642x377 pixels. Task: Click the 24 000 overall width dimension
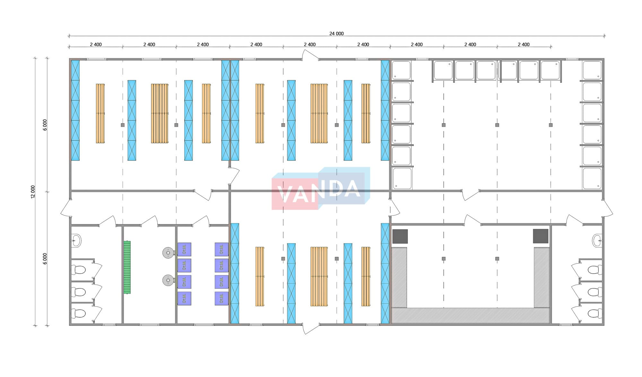tap(336, 33)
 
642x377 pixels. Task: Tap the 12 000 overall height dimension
tap(33, 192)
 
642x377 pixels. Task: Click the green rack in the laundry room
tap(127, 267)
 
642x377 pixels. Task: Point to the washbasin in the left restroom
tap(76, 240)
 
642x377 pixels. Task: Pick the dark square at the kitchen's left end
tap(400, 236)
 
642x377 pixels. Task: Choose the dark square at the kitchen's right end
tap(541, 236)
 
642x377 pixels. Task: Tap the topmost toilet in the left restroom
tap(78, 270)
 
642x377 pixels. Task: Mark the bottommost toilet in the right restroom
tap(595, 313)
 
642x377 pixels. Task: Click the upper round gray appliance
tap(168, 253)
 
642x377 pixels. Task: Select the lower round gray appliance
tap(168, 280)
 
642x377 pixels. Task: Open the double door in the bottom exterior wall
tap(311, 328)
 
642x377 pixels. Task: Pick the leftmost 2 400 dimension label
tap(96, 45)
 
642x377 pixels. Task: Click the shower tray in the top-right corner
tap(592, 70)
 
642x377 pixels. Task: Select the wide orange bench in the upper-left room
tap(160, 113)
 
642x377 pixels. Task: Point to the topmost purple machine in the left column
tap(184, 249)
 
